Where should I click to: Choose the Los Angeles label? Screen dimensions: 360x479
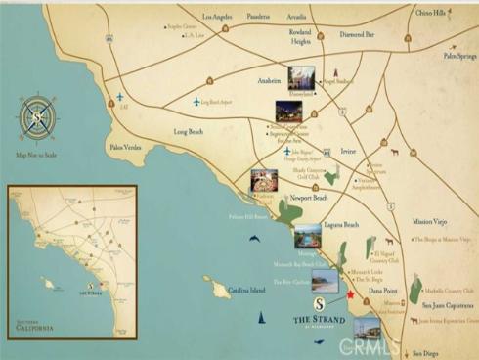(219, 17)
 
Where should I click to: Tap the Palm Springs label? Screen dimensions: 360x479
(458, 56)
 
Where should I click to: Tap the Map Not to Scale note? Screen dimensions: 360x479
(36, 154)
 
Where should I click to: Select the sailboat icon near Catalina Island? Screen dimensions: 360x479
(261, 317)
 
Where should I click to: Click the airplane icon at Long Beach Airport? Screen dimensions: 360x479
(196, 102)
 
